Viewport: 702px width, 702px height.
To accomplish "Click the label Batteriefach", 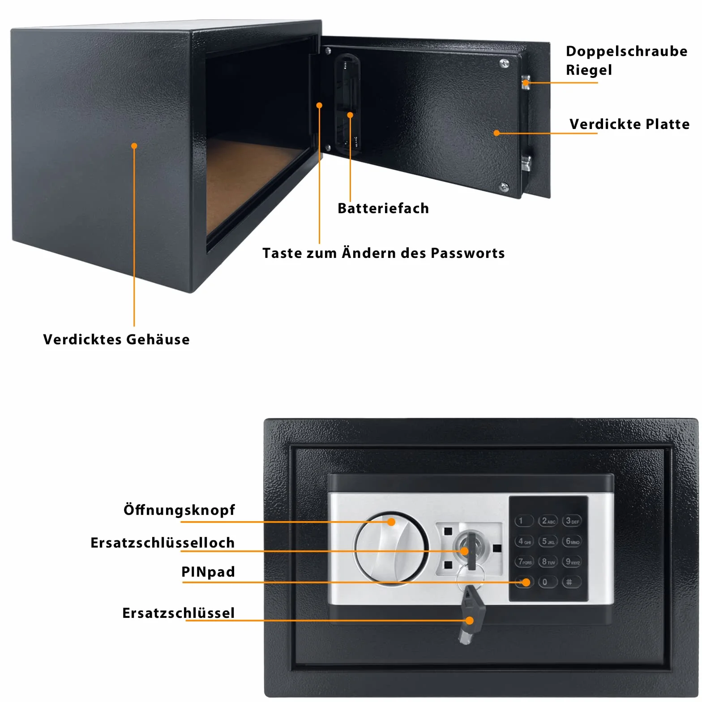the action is pos(383,208).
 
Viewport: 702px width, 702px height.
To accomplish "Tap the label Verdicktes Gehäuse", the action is pos(116,339).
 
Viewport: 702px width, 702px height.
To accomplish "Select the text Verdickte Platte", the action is pos(629,124).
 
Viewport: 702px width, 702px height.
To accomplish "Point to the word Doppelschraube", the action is pos(626,51).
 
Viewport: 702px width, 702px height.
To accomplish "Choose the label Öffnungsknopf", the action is pos(179,509).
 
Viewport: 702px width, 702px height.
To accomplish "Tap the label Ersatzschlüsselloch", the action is pos(163,543).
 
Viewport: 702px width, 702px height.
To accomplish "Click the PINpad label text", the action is pos(208,572).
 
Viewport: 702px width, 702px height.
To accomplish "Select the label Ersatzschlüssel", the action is pos(179,613).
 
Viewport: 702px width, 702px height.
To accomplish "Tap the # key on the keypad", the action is pos(571,582).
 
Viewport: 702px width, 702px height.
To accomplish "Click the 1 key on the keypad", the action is pos(524,521).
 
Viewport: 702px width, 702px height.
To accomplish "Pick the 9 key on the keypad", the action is pos(572,561).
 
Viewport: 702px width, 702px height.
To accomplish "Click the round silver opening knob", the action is pos(391,548).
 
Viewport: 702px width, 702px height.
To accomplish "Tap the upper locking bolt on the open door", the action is pos(526,82).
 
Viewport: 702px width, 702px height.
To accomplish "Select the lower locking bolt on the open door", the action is pos(526,163).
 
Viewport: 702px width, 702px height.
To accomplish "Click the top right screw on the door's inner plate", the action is pos(505,64).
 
